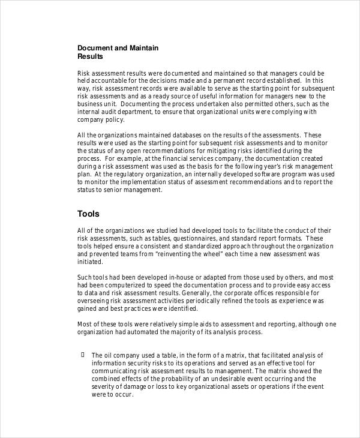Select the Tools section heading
(x=88, y=214)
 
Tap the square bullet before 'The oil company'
(x=82, y=355)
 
